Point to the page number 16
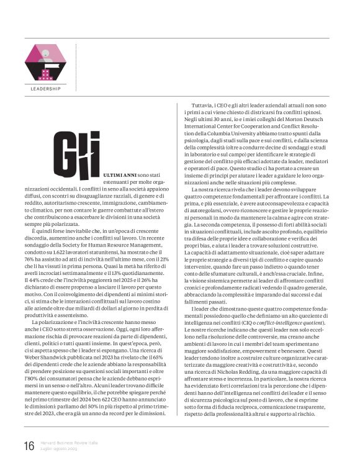(x=29, y=446)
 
